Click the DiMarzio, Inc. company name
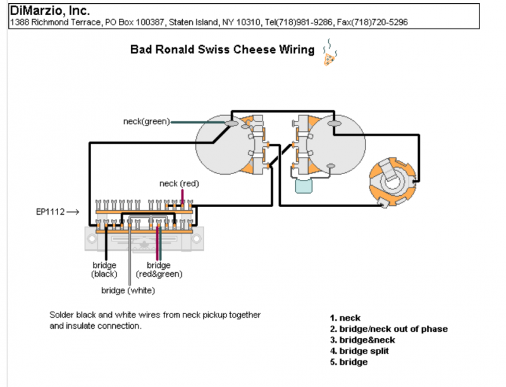tap(49, 10)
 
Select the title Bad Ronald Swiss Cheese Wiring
tap(222, 49)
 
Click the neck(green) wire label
tap(146, 122)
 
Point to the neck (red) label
tap(179, 184)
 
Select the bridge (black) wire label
tap(104, 270)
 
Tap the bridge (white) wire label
tap(128, 291)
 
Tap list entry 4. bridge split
tap(359, 351)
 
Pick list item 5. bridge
tap(349, 362)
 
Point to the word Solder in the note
tap(61, 315)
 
